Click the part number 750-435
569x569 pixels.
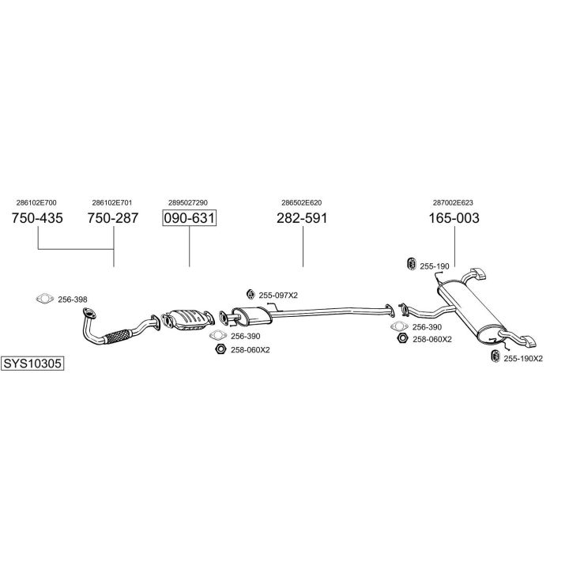pos(38,219)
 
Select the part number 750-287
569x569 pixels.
pos(113,219)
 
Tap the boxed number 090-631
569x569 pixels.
pos(190,219)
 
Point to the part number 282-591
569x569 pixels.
pos(302,219)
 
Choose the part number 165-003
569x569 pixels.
pos(454,219)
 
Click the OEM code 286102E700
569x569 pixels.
pos(36,203)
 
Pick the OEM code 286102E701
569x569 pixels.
pos(112,203)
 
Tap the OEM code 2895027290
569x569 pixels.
pos(189,203)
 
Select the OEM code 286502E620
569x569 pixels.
pos(302,203)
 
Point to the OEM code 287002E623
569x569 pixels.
pos(454,203)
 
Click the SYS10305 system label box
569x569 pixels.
pos(32,364)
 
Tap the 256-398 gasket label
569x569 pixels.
pos(73,300)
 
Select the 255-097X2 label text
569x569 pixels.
pos(279,295)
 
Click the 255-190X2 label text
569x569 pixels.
pos(523,358)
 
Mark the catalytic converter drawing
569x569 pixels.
pos(188,318)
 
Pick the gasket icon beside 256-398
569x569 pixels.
pos(45,299)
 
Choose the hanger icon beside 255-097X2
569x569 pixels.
pos(251,295)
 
